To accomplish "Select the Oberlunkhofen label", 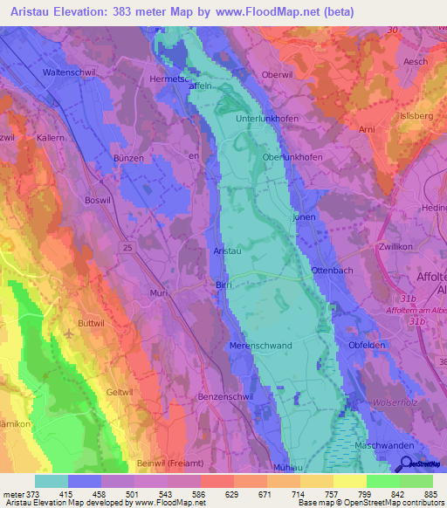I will tap(292, 157).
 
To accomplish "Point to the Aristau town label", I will tap(228, 251).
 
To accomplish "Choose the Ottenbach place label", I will tap(332, 271).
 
